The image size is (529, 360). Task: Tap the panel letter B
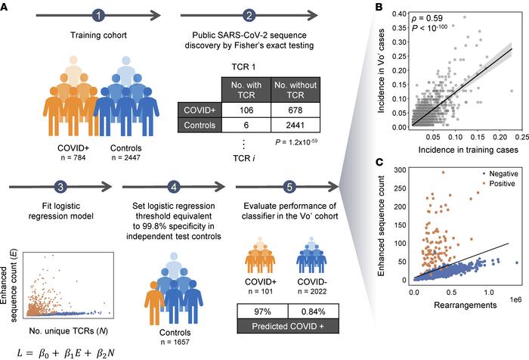tap(378, 8)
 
